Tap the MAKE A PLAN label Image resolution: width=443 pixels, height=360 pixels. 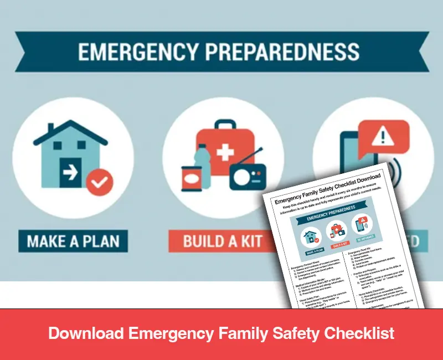tap(73, 241)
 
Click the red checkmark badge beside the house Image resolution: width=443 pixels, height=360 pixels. tap(100, 183)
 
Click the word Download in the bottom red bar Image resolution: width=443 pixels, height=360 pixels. tap(86, 333)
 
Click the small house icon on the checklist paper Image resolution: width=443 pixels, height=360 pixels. tap(310, 237)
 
